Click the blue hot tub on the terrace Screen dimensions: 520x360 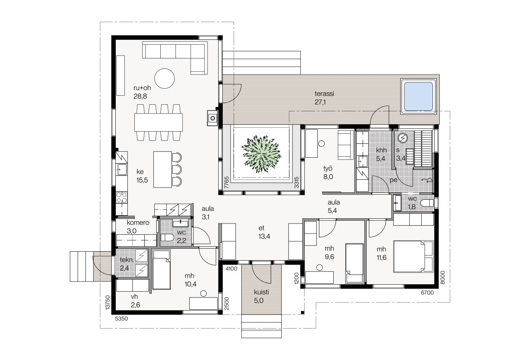coord(418,96)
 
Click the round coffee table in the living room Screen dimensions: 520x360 coord(164,78)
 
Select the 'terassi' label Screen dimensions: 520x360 coord(324,94)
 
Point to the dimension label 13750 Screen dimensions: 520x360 coord(107,302)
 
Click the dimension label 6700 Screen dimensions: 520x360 coord(427,293)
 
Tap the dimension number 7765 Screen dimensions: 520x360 coord(227,182)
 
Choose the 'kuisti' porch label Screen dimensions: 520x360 coord(261,292)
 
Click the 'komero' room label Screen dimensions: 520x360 coord(138,223)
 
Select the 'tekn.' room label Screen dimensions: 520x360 coord(127,260)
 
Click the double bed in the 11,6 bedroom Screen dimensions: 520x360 coord(413,256)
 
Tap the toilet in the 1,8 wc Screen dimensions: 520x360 coord(427,203)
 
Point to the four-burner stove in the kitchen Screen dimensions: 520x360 coord(121,198)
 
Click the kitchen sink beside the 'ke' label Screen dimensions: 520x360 coord(121,169)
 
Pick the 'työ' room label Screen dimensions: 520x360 coord(328,169)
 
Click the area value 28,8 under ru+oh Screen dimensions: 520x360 coord(140,96)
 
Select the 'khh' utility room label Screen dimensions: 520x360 coord(381,150)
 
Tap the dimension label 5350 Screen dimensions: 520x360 coord(121,319)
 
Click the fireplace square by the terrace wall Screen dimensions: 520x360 coord(212,118)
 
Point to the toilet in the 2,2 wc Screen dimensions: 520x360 coord(167,238)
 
